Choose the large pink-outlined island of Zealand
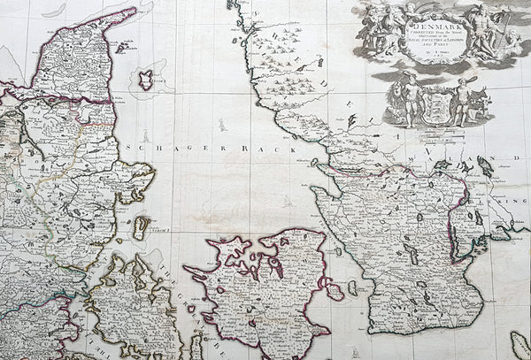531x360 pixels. (257, 283)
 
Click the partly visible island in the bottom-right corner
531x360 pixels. (519, 345)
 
